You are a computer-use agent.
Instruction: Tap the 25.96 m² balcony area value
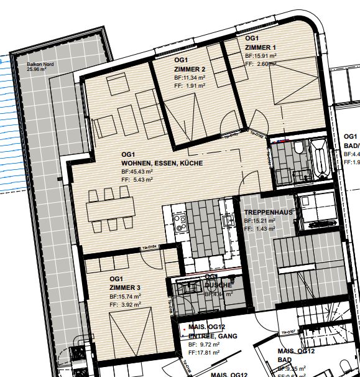pyautogui.click(x=37, y=70)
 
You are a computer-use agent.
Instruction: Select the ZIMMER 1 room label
pyautogui.click(x=261, y=47)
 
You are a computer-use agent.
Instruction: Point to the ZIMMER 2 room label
pyautogui.click(x=190, y=69)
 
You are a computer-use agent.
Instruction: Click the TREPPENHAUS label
pyautogui.click(x=268, y=212)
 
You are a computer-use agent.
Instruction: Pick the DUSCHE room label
pyautogui.click(x=218, y=286)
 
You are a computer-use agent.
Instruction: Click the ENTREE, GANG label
pyautogui.click(x=205, y=335)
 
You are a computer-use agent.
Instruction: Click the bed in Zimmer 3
pyautogui.click(x=128, y=336)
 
